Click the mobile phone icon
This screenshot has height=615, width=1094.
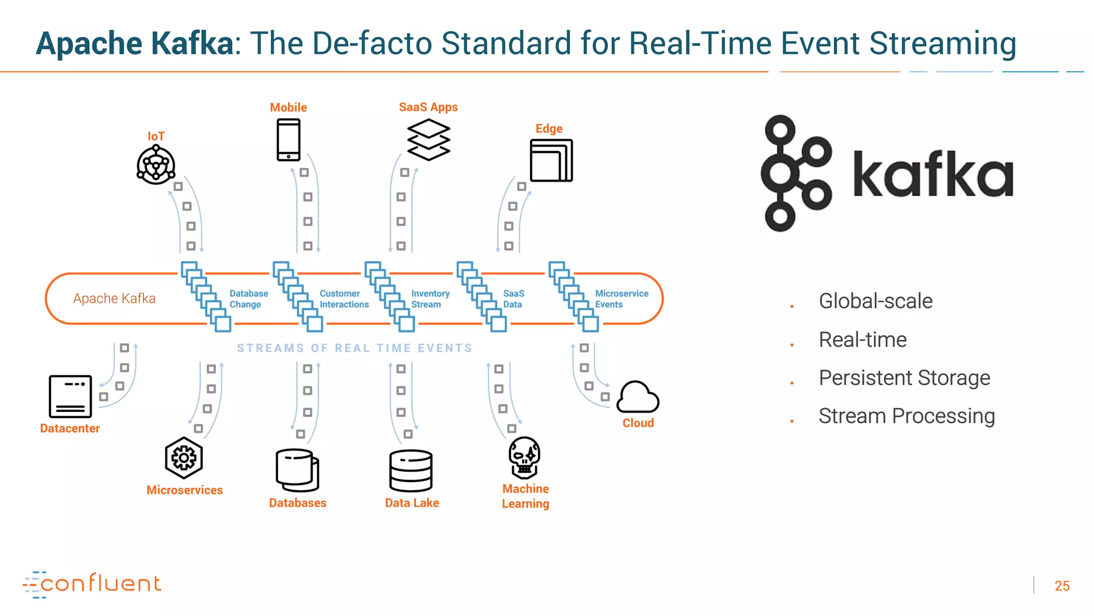[x=288, y=140]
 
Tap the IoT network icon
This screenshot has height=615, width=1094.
[x=156, y=165]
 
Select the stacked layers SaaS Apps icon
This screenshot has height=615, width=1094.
[x=428, y=140]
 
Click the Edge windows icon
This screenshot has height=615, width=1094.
[x=551, y=160]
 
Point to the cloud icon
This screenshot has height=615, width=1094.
[x=638, y=397]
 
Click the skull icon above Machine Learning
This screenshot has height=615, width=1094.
[x=525, y=458]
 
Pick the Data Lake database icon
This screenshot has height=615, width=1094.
[x=411, y=470]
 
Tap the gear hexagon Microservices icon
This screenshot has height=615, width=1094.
[x=184, y=458]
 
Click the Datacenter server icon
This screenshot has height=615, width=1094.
[x=71, y=396]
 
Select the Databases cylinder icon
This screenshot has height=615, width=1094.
[x=298, y=470]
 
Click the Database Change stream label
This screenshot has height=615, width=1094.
[x=248, y=299]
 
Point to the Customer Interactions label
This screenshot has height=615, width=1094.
[x=343, y=299]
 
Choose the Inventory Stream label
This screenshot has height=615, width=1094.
[x=430, y=299]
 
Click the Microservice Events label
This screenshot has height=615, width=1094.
[x=621, y=299]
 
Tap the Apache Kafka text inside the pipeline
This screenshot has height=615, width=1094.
[x=114, y=298]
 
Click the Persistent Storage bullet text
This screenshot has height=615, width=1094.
[x=904, y=378]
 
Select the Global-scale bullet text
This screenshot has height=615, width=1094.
[x=876, y=301]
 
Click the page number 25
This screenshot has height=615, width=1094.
[x=1061, y=586]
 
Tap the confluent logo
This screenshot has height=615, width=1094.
[x=92, y=584]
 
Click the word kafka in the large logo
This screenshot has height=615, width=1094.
[x=932, y=175]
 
